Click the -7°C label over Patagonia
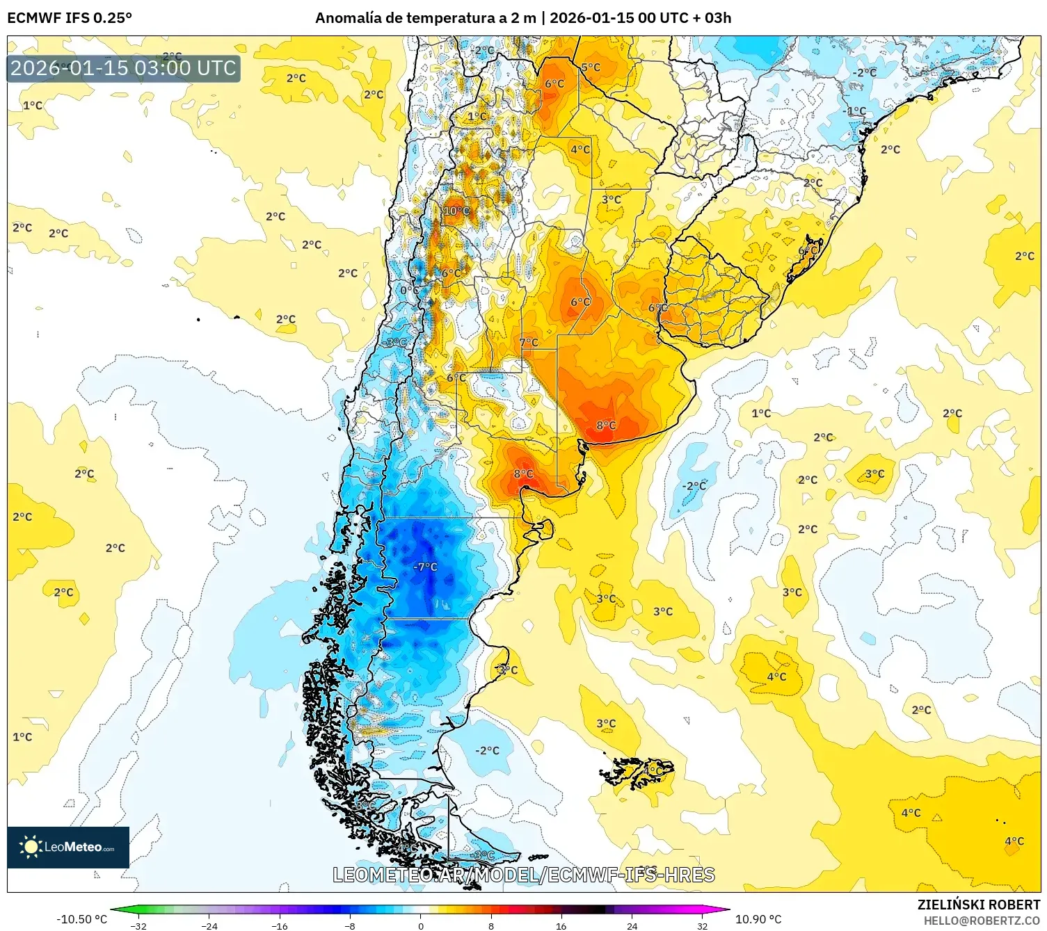tap(425, 567)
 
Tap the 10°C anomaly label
tap(456, 211)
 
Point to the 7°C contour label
tap(529, 342)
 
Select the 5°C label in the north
tap(591, 67)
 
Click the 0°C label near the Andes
tap(409, 291)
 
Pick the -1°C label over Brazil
tap(856, 111)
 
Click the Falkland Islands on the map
tap(637, 772)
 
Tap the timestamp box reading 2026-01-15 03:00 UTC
tap(123, 68)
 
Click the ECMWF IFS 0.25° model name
tap(70, 18)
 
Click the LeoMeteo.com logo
tap(68, 847)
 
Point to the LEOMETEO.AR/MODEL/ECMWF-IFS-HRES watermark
tap(523, 875)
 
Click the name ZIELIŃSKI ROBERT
tap(978, 905)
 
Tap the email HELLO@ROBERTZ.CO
tap(982, 921)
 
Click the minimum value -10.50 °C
tap(81, 919)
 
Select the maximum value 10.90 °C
tap(758, 919)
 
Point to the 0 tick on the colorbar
tap(420, 925)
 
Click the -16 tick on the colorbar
tap(280, 925)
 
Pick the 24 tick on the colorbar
tap(632, 925)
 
